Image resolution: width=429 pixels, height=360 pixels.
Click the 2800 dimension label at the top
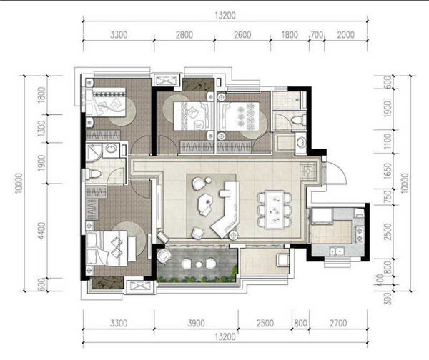184,35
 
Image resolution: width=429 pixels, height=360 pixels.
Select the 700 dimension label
317,35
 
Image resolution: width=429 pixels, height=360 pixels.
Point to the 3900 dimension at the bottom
196,324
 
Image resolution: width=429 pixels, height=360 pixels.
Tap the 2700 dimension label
338,324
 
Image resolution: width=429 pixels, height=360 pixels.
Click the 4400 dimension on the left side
41,231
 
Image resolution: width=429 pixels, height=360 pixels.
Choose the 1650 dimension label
388,171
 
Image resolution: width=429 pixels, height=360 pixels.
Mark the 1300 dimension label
41,129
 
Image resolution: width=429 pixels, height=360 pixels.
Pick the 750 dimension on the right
388,196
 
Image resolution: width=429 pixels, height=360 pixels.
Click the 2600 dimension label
242,35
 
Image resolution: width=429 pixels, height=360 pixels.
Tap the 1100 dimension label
388,141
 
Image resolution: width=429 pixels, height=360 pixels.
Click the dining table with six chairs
274,209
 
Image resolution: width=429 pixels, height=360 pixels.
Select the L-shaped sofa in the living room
225,209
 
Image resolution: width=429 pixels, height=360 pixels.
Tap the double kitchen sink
337,251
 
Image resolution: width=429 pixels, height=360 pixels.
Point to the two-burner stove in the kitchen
358,235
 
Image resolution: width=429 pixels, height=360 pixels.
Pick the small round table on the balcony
199,264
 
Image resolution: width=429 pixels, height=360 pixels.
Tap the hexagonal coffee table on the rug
205,201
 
